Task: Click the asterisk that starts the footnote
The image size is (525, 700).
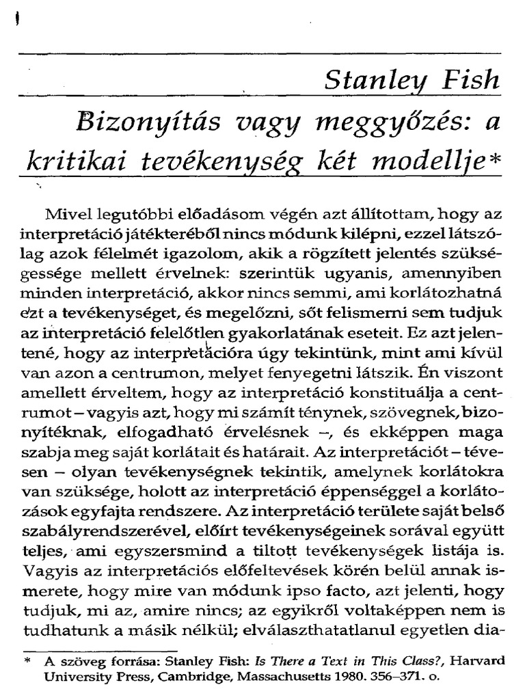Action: (27, 660)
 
